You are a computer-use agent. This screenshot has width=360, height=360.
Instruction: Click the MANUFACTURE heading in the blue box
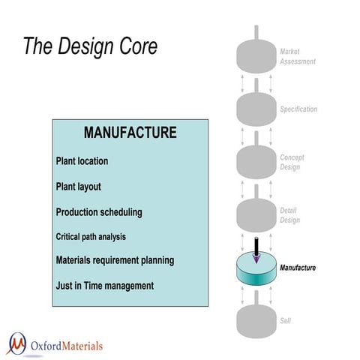(x=130, y=133)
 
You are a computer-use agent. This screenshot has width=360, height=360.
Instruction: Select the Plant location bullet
(x=82, y=161)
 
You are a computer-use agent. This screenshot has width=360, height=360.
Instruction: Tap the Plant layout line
(x=78, y=187)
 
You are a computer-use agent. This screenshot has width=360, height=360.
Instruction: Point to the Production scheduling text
(x=98, y=212)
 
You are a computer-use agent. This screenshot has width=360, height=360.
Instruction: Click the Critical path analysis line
(x=90, y=236)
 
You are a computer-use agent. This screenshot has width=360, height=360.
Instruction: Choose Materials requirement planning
(x=115, y=260)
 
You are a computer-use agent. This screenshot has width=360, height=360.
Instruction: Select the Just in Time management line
(x=104, y=286)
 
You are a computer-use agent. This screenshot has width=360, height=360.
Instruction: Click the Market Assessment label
(x=298, y=55)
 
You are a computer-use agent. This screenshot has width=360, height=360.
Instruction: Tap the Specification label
(x=298, y=109)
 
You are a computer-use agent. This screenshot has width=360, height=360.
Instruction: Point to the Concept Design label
(x=292, y=162)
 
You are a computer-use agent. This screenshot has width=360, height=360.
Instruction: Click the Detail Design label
(x=289, y=215)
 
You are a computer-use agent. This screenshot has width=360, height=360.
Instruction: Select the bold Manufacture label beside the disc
(x=298, y=268)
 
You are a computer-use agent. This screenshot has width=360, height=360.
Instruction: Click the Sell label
(x=285, y=321)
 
